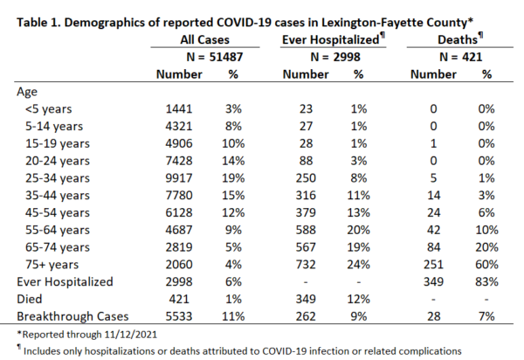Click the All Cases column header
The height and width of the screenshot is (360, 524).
[x=204, y=40]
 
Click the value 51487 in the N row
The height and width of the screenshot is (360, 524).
[x=226, y=57]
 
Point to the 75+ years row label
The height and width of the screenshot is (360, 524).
[x=52, y=265]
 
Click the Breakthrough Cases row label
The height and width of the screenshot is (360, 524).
[x=72, y=316]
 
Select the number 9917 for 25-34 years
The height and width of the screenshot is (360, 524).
[x=179, y=178]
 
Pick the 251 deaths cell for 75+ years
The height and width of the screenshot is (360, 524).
[x=433, y=265]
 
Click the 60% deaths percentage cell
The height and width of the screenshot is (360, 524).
[x=486, y=265]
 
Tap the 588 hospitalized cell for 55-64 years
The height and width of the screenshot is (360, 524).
[x=306, y=230]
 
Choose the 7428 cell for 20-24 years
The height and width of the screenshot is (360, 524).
[x=179, y=161]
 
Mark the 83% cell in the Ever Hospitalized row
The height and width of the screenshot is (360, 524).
[x=486, y=281]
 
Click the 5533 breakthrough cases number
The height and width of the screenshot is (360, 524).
[x=179, y=316]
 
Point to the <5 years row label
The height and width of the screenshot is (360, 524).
[x=48, y=109]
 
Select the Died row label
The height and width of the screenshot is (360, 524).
[x=30, y=299]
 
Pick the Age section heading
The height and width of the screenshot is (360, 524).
[x=27, y=92]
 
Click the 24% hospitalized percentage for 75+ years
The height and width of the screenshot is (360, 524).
[x=359, y=265]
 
